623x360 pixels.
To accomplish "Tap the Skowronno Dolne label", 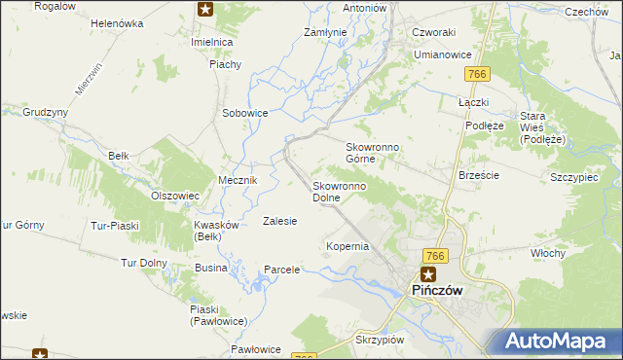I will [339, 192].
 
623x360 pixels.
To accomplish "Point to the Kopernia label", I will [348, 246].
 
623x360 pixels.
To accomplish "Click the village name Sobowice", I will [244, 113].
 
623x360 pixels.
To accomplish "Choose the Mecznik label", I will [238, 180].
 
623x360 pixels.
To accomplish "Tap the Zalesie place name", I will [279, 221].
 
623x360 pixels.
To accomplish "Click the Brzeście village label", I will [478, 175].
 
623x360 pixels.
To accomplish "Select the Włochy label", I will [548, 253].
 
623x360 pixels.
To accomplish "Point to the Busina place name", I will [210, 267].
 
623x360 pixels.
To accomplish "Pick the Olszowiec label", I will [175, 195].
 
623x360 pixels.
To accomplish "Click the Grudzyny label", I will [45, 112].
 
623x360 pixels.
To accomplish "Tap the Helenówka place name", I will [117, 22].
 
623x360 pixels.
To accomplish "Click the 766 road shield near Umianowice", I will [476, 75].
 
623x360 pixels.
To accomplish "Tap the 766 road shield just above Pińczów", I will [435, 255].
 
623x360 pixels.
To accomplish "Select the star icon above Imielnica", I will [205, 10].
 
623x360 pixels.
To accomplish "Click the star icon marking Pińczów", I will [427, 274].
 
